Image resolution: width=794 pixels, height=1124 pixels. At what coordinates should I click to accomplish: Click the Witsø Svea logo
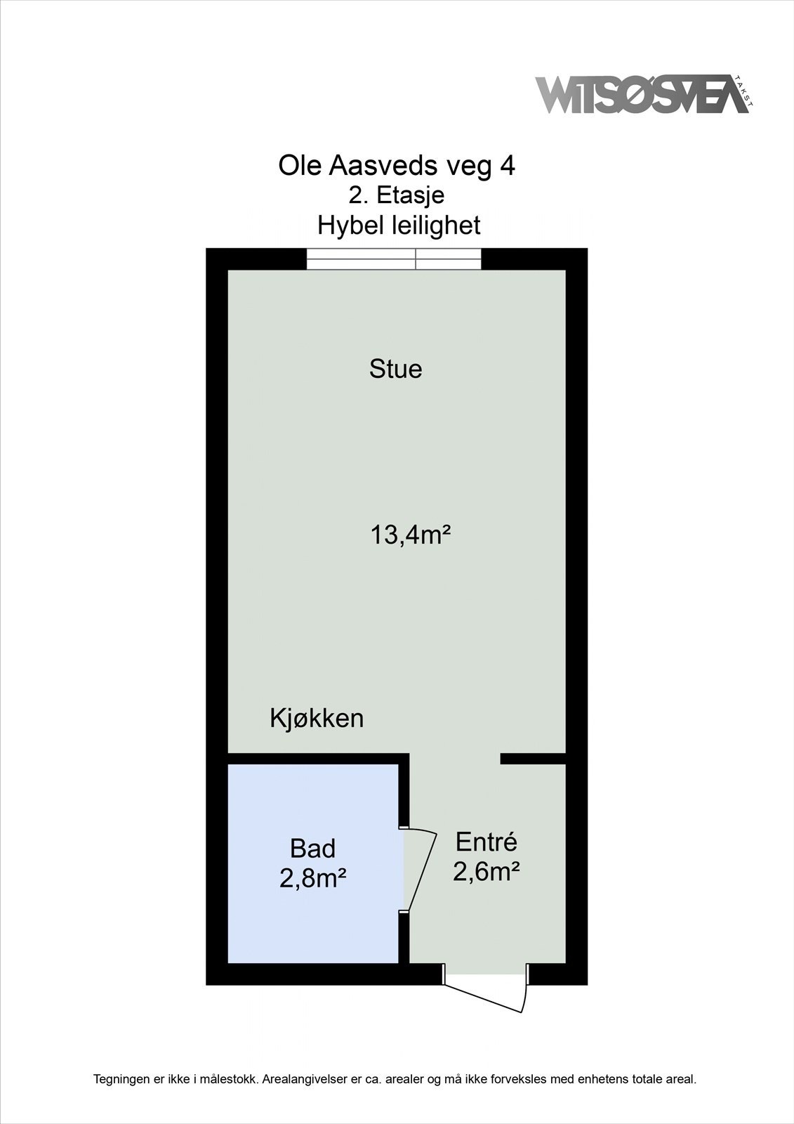pos(639,94)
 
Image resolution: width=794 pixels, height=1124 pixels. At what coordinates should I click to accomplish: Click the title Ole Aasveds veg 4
pos(397,166)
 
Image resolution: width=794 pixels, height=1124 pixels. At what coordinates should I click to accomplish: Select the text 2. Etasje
pos(397,195)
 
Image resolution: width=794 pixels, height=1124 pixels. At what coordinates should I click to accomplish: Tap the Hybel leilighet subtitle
pos(399,226)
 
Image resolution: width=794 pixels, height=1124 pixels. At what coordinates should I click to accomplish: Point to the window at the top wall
pos(394,259)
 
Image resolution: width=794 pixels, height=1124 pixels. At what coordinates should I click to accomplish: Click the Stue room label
pos(396,370)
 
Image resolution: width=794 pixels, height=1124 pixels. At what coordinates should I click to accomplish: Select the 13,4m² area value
pos(409,535)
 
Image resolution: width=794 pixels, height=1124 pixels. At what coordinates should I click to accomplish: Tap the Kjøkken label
pos(317,719)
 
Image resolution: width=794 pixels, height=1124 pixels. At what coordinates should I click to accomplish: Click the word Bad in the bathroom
pos(312,849)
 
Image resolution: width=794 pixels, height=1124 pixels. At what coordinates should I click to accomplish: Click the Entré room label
pos(486,841)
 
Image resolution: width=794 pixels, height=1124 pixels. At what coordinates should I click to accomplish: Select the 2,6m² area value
pos(486,872)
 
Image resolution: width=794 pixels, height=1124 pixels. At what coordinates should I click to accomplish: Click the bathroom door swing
pos(421,870)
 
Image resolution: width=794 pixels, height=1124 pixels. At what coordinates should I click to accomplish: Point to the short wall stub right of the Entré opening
pos(533,759)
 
